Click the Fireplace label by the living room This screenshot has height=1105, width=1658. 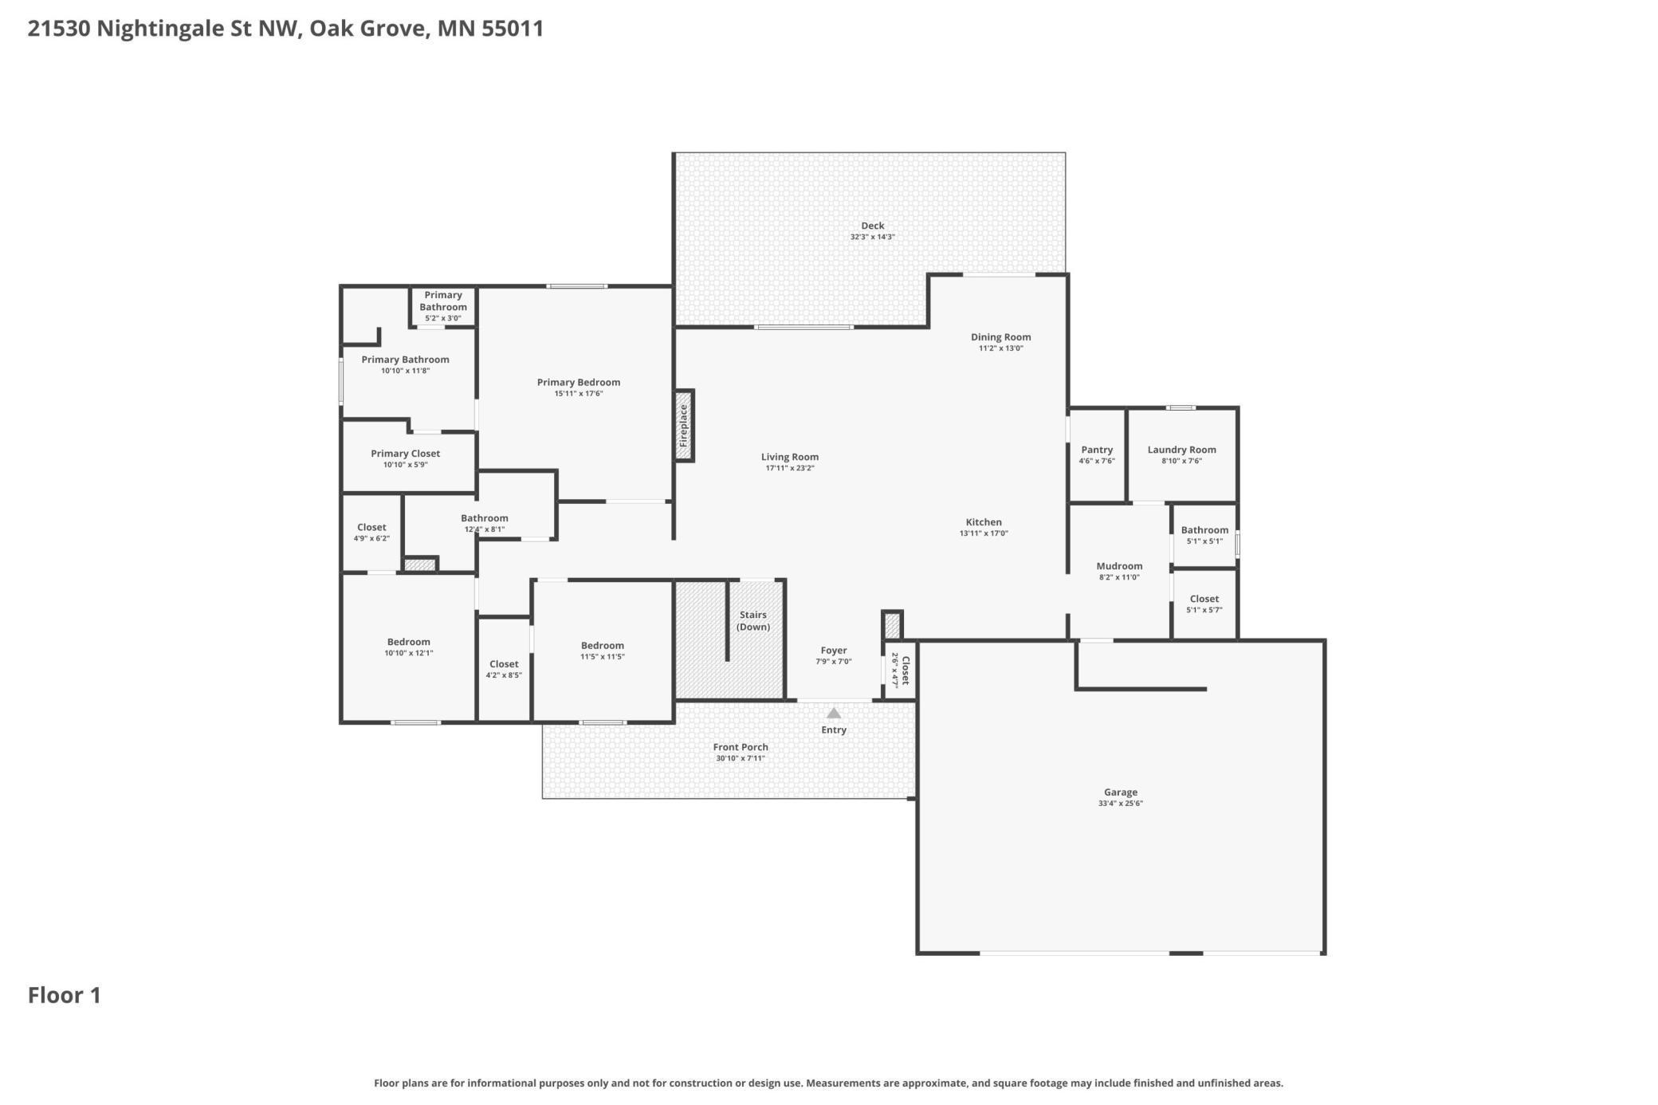683,425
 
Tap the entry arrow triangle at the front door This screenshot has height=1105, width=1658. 833,713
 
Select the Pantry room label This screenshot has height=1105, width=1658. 1097,450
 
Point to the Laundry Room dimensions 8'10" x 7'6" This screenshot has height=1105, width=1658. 1181,461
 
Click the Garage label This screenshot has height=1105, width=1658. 1120,792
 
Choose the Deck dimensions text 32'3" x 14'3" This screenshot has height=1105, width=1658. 872,237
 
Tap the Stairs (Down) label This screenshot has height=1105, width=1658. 752,620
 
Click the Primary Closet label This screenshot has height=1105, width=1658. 405,454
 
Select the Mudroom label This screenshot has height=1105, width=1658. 1119,566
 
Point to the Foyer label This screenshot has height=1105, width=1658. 833,651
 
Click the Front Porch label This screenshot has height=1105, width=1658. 741,747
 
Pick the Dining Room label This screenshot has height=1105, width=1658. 1000,337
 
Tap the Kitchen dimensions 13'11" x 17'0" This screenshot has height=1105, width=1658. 984,533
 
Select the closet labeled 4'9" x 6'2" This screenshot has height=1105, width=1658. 371,533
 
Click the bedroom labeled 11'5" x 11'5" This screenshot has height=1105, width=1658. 602,651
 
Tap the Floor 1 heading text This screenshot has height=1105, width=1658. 65,995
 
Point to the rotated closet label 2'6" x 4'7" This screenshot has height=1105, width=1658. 900,670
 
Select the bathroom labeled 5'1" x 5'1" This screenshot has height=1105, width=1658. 1204,535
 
